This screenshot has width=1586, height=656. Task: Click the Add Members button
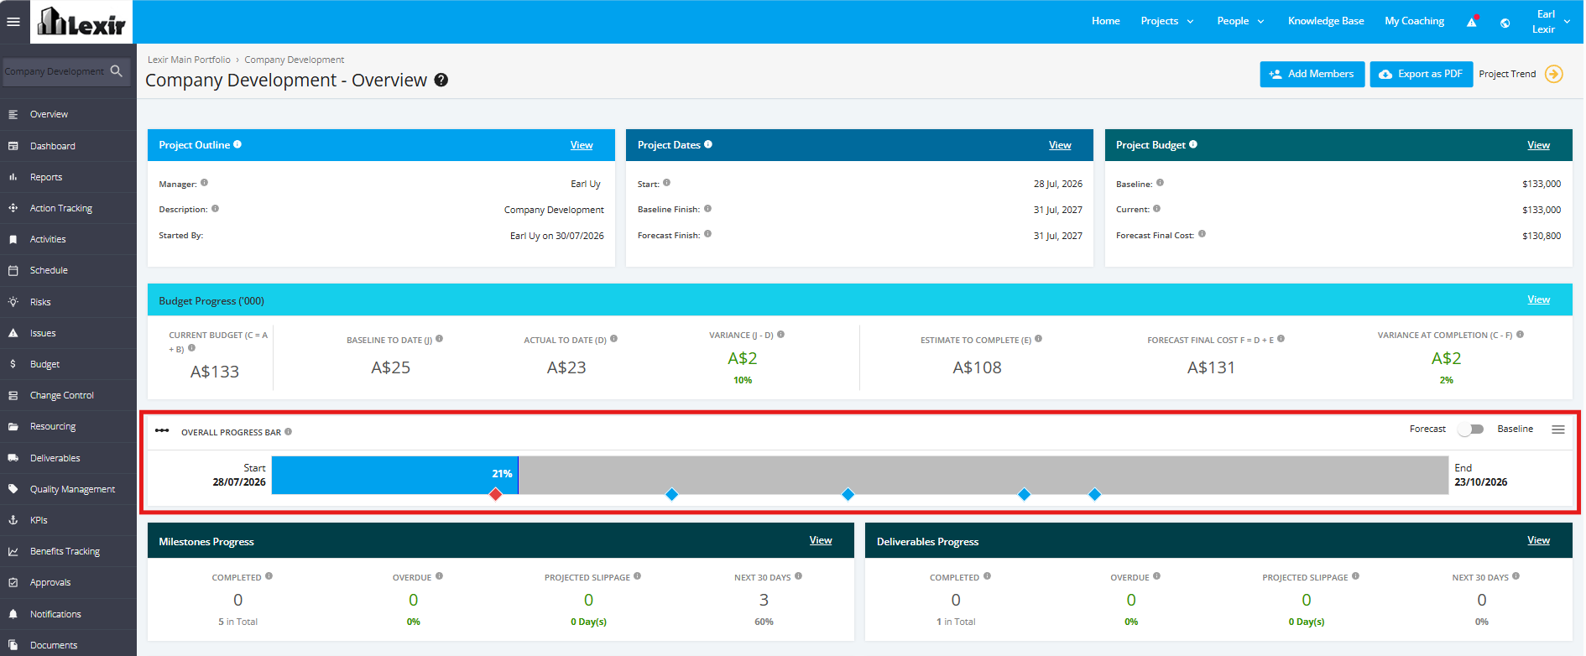(1312, 74)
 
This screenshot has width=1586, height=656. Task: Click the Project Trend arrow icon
(1554, 74)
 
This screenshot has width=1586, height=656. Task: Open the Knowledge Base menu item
(1326, 21)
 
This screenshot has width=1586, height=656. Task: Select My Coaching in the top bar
(1415, 21)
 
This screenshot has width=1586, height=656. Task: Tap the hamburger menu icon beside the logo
(13, 22)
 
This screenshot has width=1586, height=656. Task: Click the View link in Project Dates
(1060, 145)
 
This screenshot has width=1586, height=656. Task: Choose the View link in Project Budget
(1538, 145)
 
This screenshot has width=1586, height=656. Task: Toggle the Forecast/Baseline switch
(1471, 430)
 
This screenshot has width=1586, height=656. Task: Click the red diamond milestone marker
(496, 494)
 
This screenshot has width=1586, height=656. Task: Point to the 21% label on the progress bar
(502, 474)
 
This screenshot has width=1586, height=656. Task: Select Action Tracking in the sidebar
(61, 208)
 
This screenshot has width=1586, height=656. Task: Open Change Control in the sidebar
(62, 395)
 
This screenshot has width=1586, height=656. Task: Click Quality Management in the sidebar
(73, 489)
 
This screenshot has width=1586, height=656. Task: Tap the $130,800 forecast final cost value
(1542, 236)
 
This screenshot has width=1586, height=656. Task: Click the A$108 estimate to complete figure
(977, 367)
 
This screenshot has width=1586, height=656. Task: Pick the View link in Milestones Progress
(821, 540)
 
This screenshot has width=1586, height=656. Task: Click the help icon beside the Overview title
(441, 81)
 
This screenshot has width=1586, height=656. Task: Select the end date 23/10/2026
(1481, 482)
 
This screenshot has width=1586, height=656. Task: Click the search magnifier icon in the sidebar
(117, 71)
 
